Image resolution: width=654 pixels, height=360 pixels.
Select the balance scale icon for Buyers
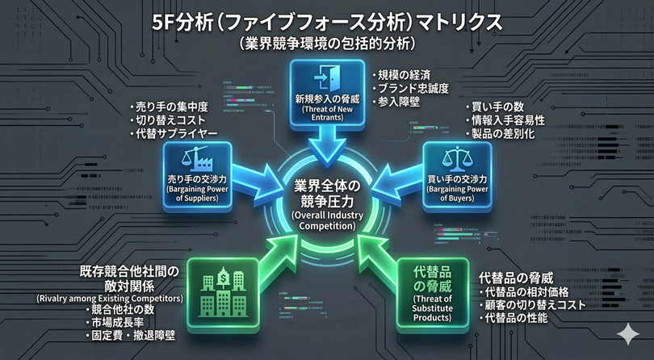pos(457,156)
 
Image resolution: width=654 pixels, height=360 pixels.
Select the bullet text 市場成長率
pos(117,322)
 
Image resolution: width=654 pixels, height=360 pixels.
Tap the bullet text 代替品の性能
pos(517,318)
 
